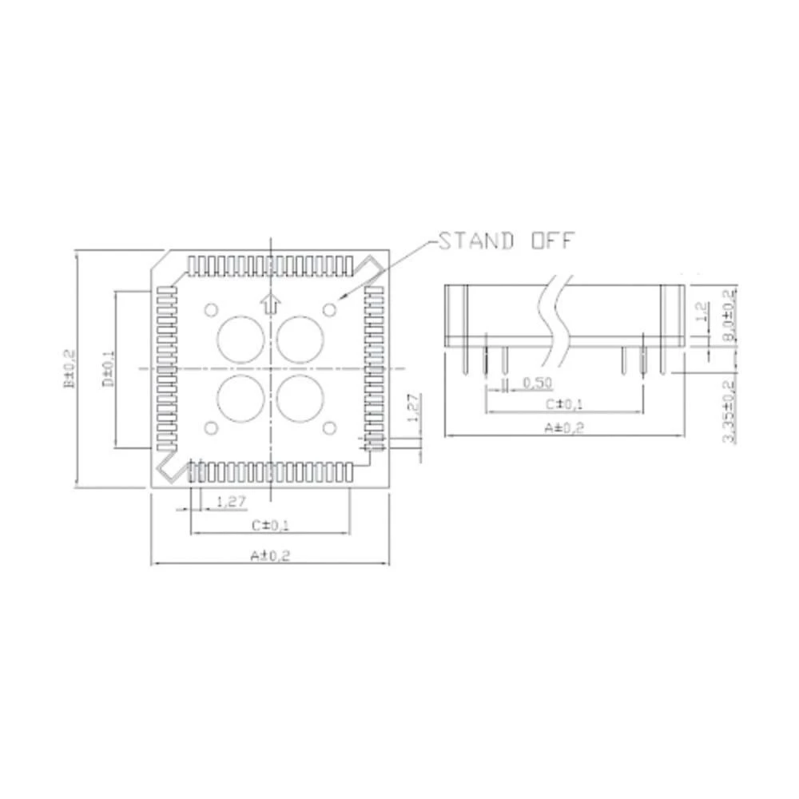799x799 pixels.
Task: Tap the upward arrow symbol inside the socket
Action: [272, 303]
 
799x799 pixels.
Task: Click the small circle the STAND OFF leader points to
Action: [329, 308]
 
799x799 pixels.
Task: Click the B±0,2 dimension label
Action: [70, 368]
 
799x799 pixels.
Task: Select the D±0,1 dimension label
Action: [109, 368]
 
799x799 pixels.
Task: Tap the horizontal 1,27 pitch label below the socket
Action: [230, 502]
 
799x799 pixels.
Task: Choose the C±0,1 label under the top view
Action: [269, 525]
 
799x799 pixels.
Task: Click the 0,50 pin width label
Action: [537, 384]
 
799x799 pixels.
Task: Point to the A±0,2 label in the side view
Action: [564, 427]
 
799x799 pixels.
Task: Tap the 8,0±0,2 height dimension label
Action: [729, 317]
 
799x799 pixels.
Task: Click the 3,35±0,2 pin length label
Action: [729, 411]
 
